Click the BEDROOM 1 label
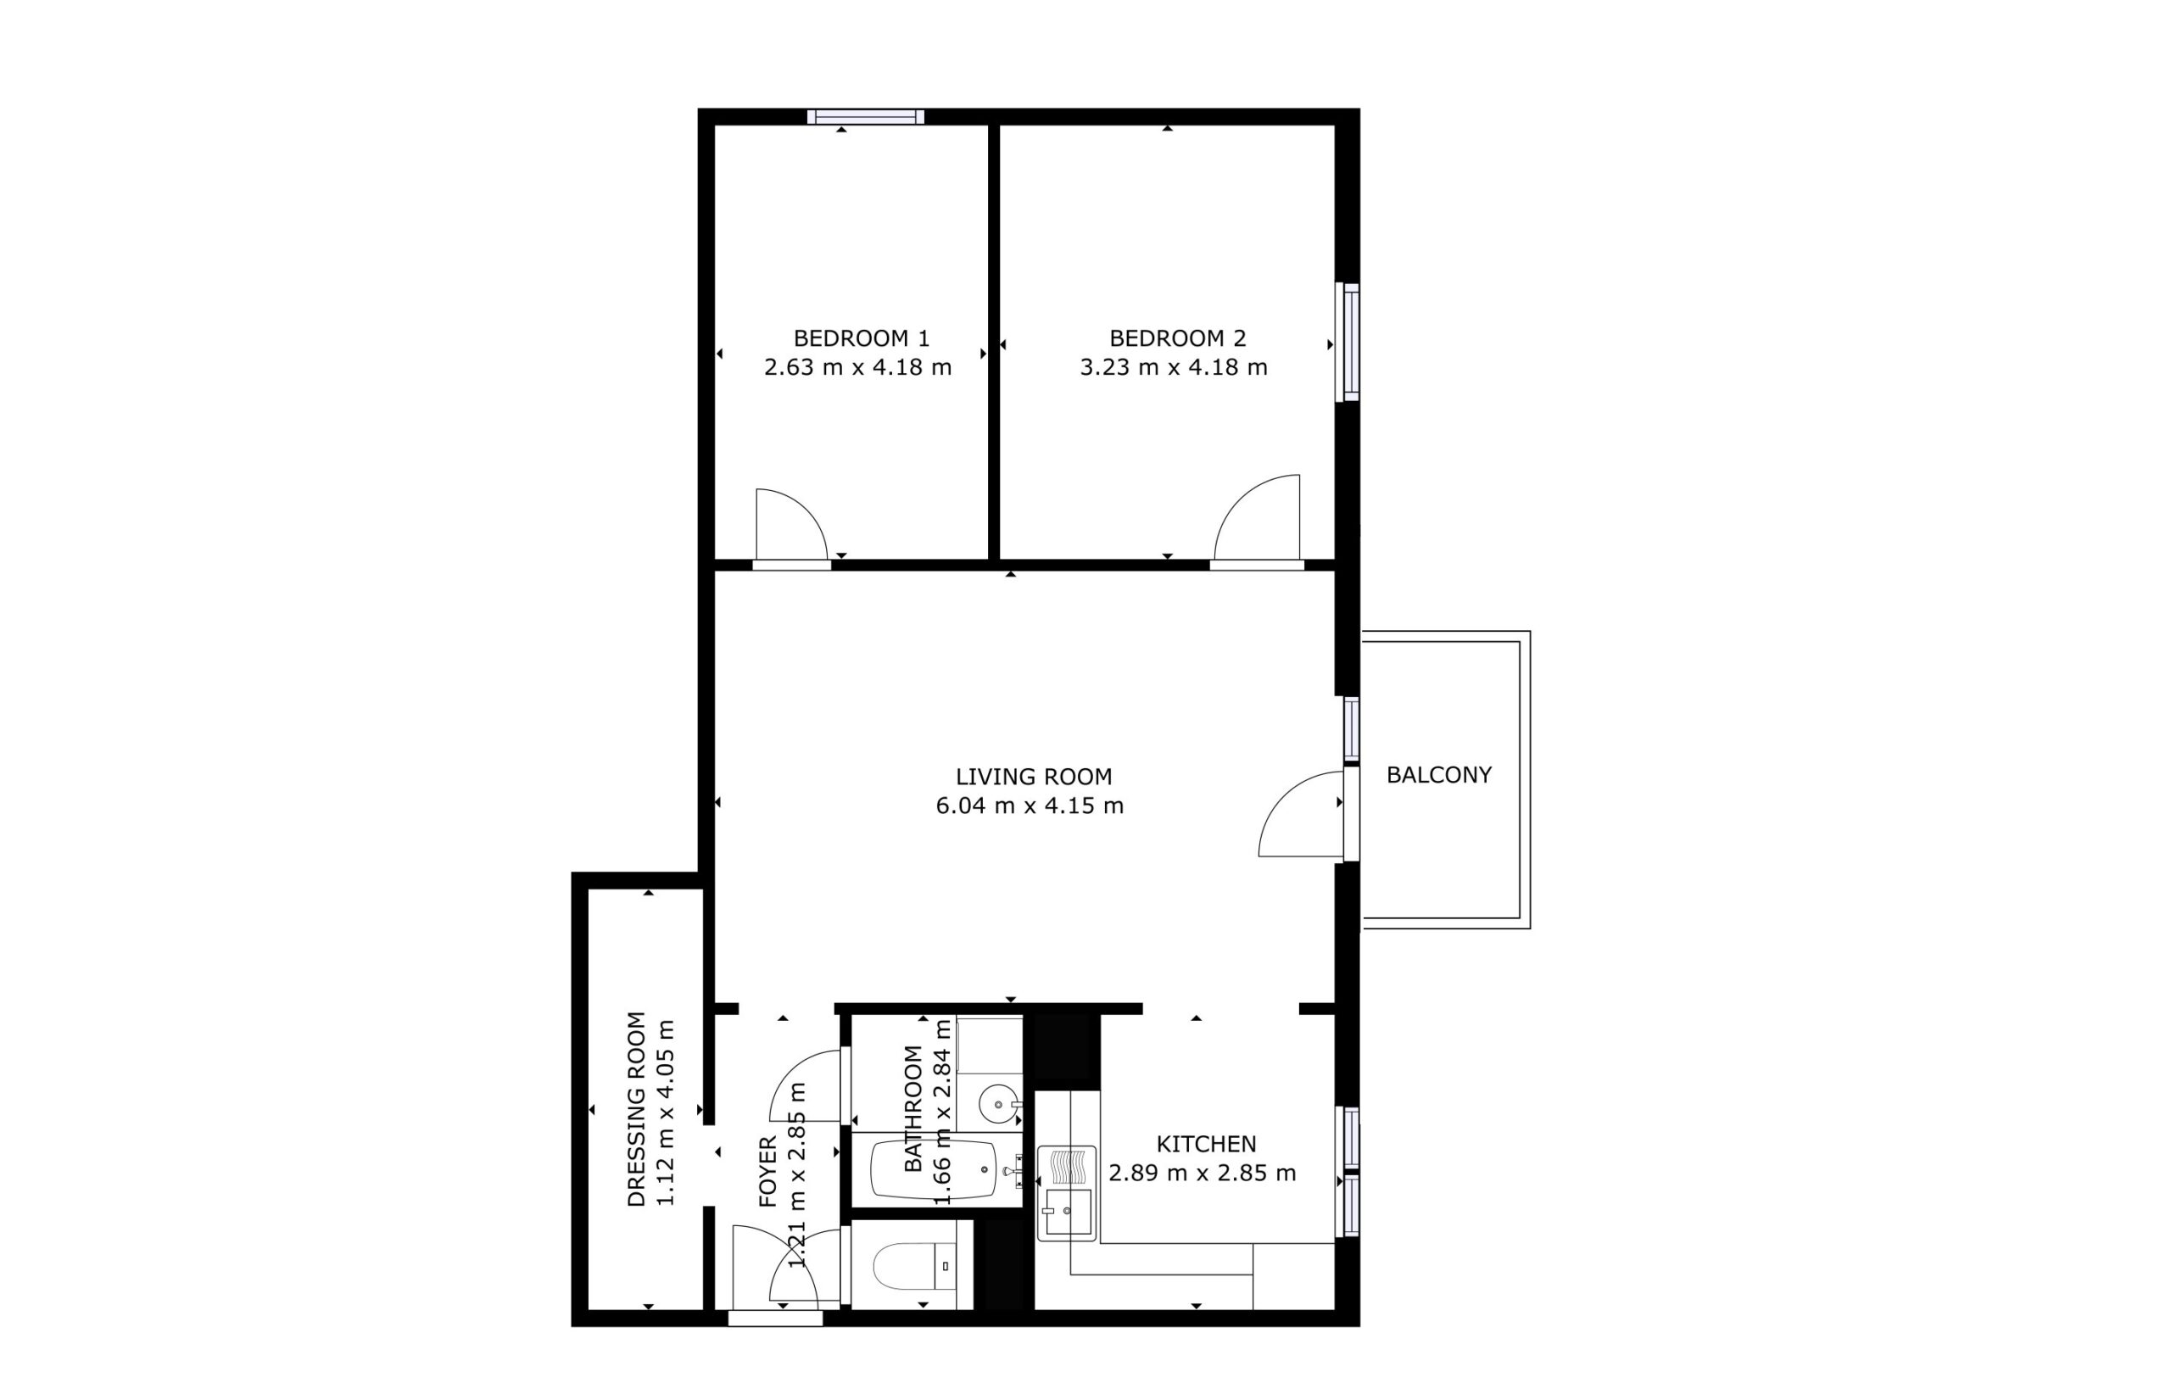point(861,338)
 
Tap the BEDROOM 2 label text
point(1177,338)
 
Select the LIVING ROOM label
point(1033,777)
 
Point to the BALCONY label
point(1438,775)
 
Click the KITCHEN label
point(1206,1144)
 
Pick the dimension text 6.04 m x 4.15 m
point(1030,806)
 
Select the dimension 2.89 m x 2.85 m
point(1203,1174)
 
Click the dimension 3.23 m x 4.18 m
point(1174,367)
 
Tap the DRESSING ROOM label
point(636,1109)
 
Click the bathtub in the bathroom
point(934,1169)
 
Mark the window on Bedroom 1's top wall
point(866,117)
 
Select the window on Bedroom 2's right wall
point(1349,343)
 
